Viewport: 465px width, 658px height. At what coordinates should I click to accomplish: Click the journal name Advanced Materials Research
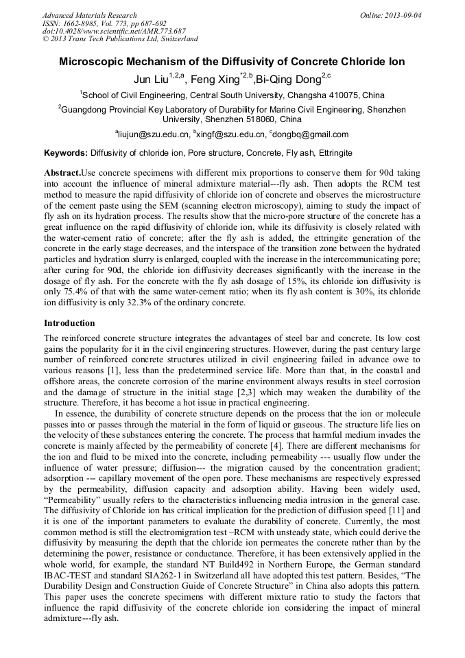pos(89,15)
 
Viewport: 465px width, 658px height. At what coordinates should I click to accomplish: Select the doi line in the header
pos(114,31)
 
